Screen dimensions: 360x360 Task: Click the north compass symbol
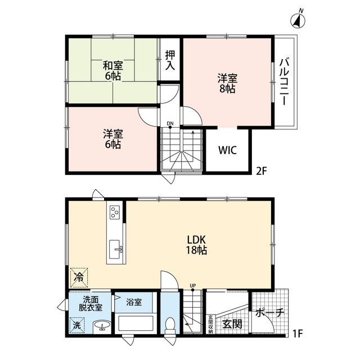[298, 20]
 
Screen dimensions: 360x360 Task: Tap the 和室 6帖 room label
[112, 70]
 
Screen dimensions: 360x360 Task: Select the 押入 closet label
[170, 60]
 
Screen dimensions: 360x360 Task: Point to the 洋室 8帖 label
[227, 83]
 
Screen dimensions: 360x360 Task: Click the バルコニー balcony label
[284, 82]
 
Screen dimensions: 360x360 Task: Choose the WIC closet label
[227, 150]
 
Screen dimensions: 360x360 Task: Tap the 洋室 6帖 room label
[112, 139]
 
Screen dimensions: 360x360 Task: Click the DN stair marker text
[170, 124]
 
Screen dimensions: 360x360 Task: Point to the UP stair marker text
[192, 286]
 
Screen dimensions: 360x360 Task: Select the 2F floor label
[262, 171]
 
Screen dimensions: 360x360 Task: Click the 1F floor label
[298, 334]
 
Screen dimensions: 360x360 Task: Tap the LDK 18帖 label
[196, 245]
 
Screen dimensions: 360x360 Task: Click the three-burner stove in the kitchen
[115, 212]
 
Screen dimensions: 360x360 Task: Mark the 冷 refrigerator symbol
[79, 277]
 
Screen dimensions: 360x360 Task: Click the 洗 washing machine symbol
[77, 325]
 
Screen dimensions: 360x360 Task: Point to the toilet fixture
[170, 325]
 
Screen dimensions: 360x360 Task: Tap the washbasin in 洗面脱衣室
[102, 325]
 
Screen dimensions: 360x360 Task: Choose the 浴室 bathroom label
[134, 302]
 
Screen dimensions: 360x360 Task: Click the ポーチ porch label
[270, 313]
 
